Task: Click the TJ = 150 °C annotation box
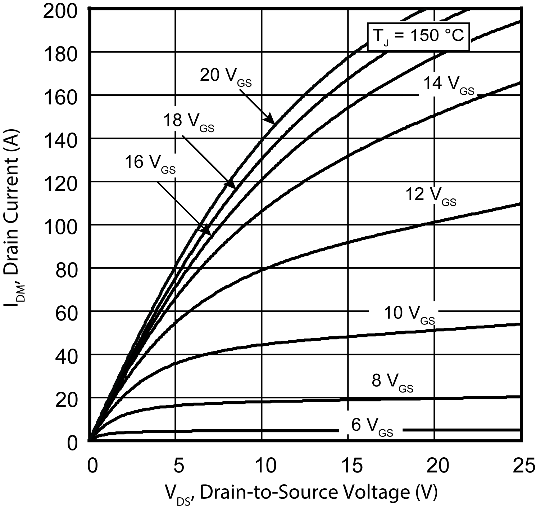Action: (x=418, y=36)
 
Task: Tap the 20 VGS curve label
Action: (x=226, y=76)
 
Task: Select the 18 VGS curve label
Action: (x=188, y=121)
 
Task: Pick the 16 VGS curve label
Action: (x=150, y=163)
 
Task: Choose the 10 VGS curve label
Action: (x=409, y=314)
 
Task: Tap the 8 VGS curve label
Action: (x=392, y=382)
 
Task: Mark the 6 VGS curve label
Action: (x=372, y=426)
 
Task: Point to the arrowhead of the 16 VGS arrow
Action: (x=208, y=232)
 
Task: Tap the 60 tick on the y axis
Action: (x=67, y=311)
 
